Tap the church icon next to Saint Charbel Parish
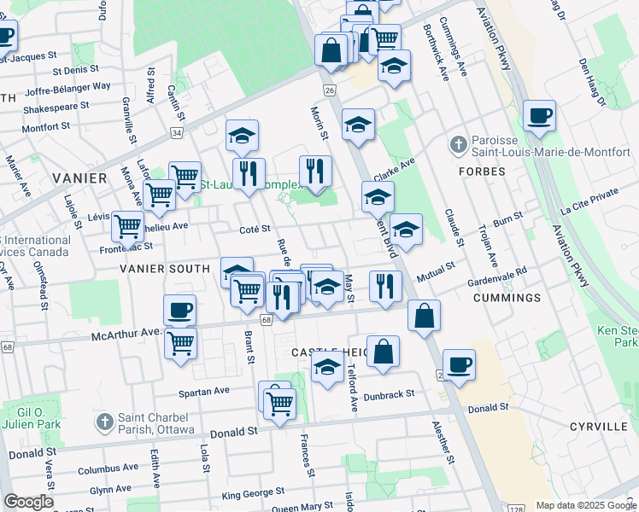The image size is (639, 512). pyautogui.click(x=104, y=422)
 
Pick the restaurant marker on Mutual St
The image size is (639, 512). pyautogui.click(x=386, y=286)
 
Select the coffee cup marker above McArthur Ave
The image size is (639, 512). pyautogui.click(x=179, y=311)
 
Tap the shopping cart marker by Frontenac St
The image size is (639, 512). pyautogui.click(x=128, y=227)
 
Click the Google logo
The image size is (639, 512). pyautogui.click(x=28, y=502)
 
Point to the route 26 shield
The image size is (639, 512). pyautogui.click(x=329, y=90)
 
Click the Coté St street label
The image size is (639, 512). pyautogui.click(x=255, y=229)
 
